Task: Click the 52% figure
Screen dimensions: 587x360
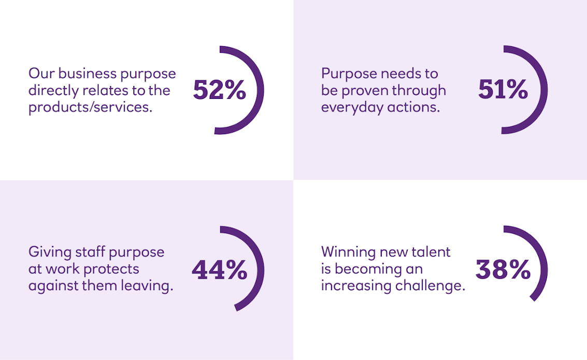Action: (x=220, y=90)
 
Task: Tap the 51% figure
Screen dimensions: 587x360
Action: (x=503, y=90)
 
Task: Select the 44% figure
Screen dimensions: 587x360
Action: (x=219, y=270)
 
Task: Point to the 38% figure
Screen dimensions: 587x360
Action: (x=503, y=269)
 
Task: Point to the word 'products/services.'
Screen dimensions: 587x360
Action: (x=90, y=108)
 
